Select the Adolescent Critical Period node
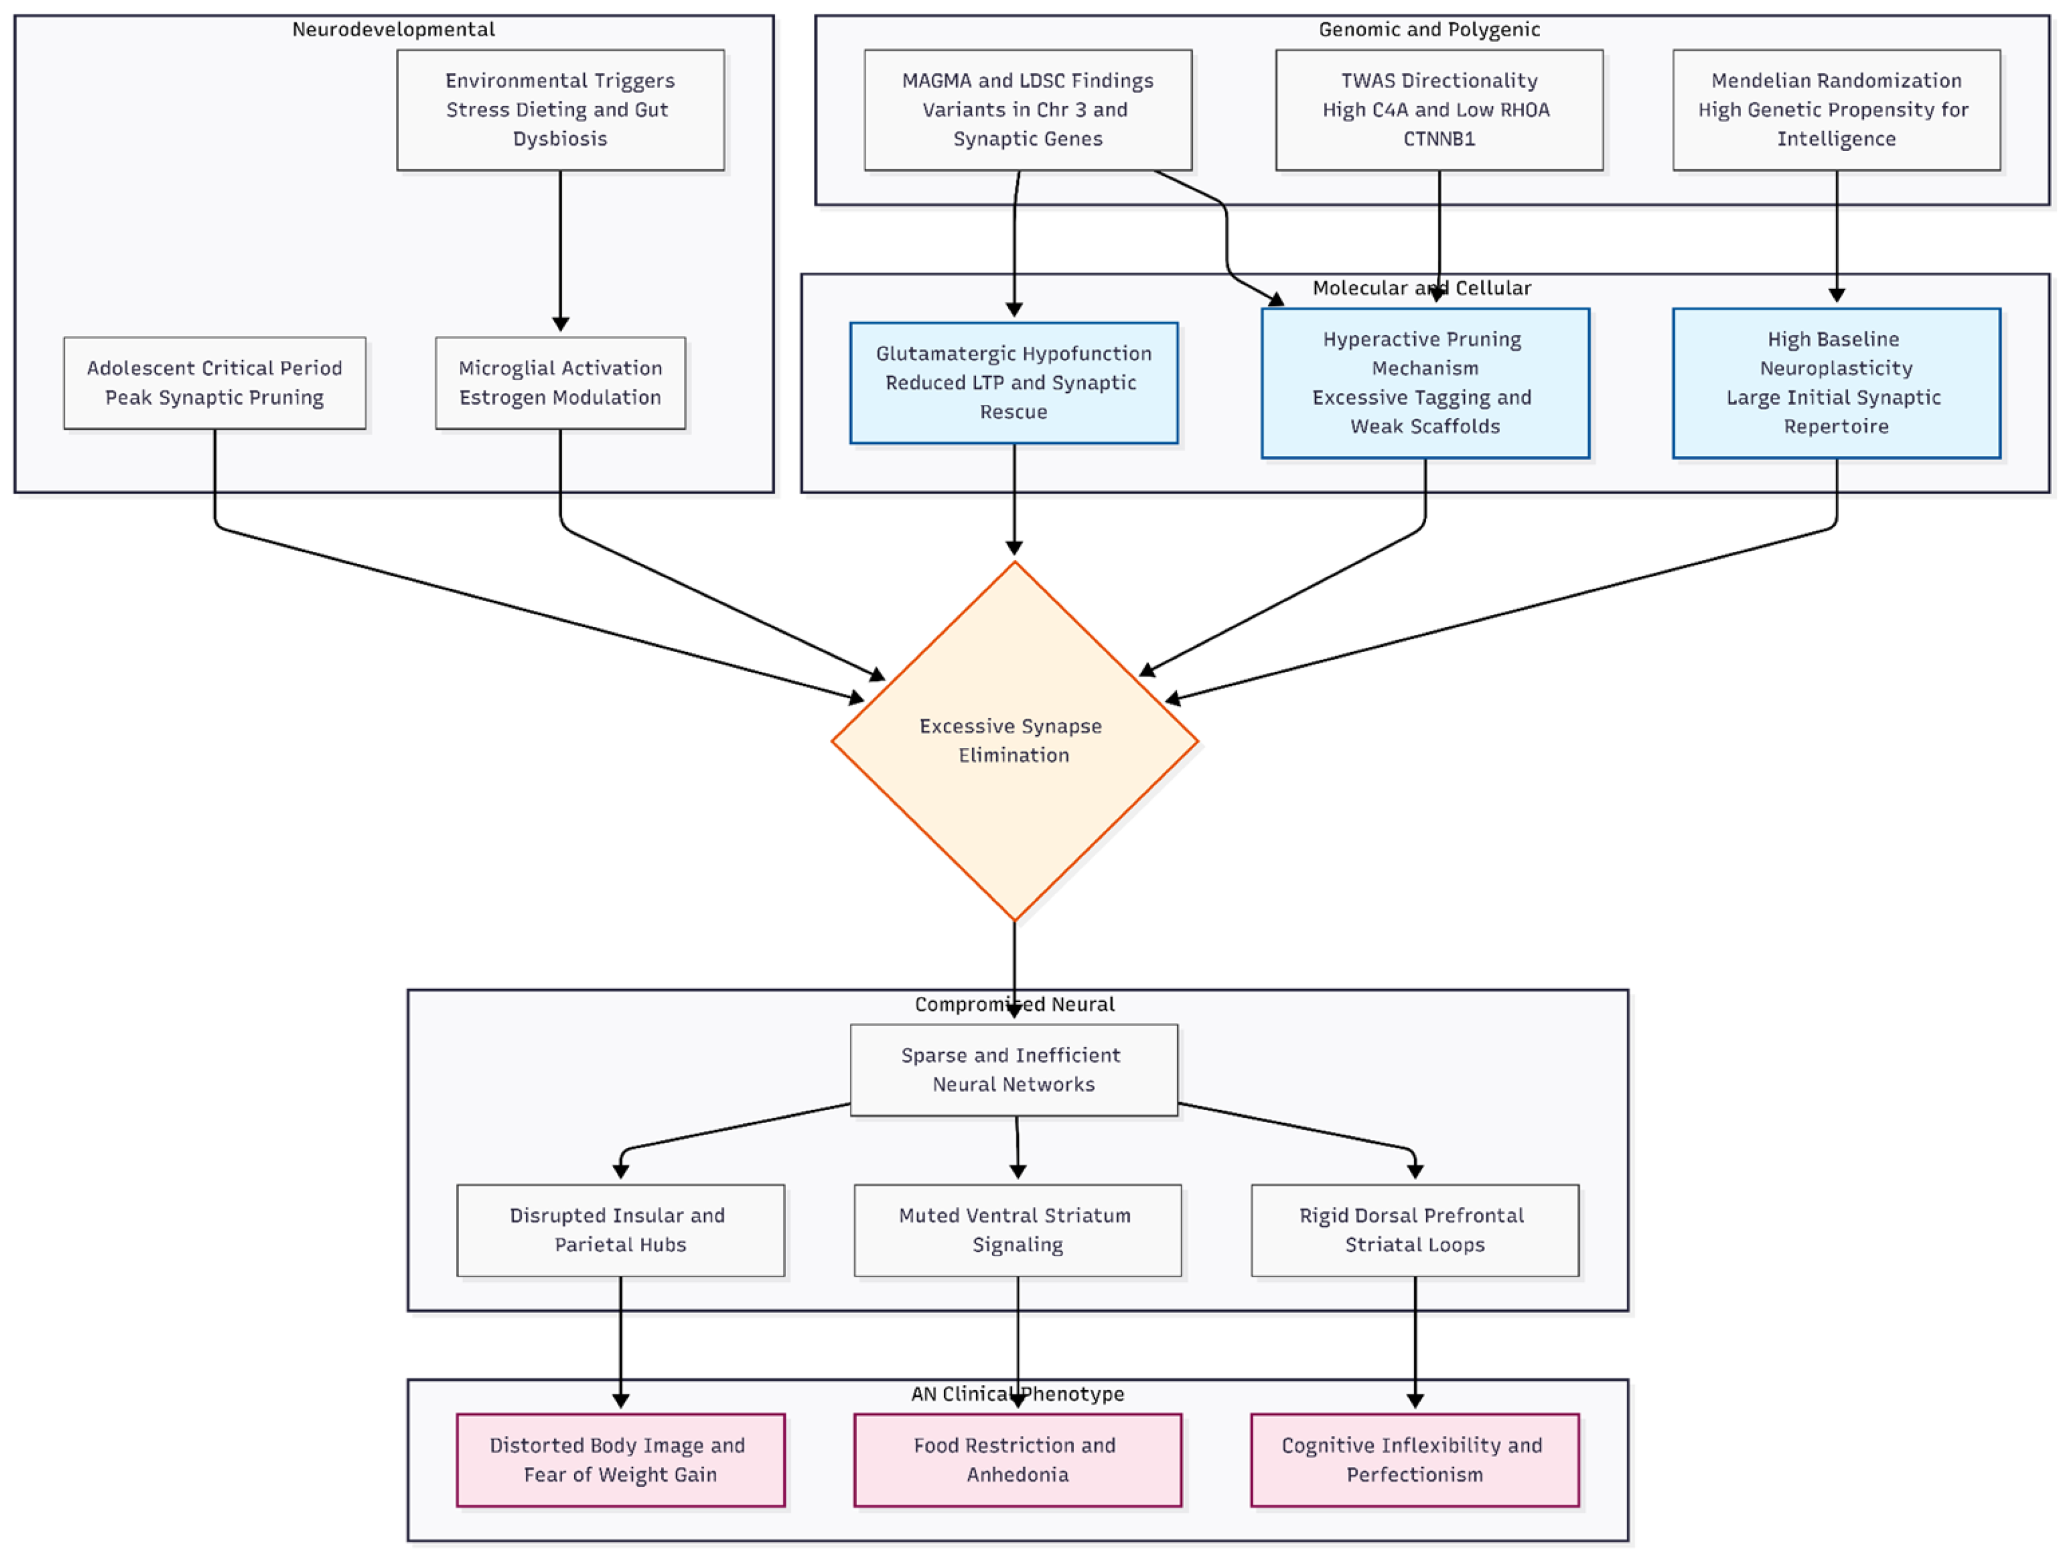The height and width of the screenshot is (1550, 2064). coord(215,383)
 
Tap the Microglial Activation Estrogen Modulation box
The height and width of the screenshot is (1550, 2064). coord(560,383)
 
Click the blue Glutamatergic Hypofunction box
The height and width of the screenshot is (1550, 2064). coord(1014,383)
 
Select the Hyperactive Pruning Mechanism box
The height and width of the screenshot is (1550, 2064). coord(1425,383)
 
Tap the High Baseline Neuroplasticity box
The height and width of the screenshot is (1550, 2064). coord(1836,383)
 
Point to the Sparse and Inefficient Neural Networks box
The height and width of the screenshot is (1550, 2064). coord(1014,1069)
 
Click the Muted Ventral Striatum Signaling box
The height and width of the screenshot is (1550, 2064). coord(1017,1230)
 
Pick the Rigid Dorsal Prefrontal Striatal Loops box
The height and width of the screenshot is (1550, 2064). coord(1415,1230)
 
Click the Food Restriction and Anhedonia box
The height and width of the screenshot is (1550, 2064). coord(1017,1459)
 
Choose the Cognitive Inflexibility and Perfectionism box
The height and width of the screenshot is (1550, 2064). coord(1415,1459)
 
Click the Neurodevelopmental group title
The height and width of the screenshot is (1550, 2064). coord(393,29)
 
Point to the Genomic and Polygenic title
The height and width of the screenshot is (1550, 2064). coord(1428,29)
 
